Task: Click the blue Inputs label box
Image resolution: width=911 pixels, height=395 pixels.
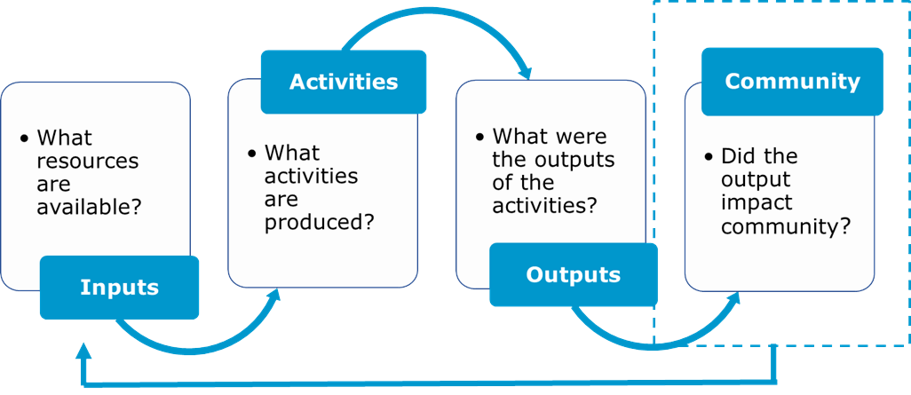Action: click(119, 287)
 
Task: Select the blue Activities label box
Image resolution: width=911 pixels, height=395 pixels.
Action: click(344, 82)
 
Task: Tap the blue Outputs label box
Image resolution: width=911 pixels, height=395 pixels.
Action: click(573, 274)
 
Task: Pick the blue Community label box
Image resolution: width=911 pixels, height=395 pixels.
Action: click(792, 82)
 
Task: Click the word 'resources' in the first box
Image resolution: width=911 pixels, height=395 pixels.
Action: click(88, 162)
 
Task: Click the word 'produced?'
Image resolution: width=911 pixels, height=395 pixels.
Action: click(319, 222)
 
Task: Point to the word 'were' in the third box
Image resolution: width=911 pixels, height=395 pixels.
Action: click(582, 137)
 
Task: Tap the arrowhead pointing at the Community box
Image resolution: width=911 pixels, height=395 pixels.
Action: click(734, 299)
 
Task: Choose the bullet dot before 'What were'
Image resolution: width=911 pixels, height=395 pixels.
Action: click(480, 138)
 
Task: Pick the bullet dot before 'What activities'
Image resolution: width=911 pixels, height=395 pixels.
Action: click(252, 154)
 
